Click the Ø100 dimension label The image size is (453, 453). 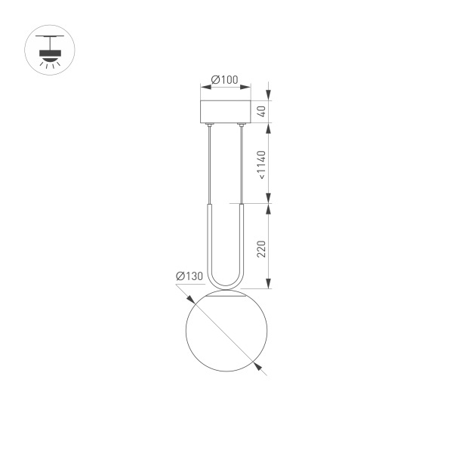224,79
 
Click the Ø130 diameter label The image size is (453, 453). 190,276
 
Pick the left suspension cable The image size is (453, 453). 210,162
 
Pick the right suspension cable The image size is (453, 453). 241,162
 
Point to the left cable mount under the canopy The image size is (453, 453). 210,126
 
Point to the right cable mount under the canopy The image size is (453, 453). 241,126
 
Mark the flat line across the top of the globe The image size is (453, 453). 226,296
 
